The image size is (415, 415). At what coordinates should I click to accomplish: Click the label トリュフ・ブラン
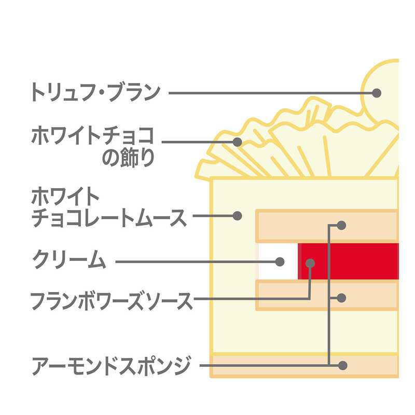click(96, 92)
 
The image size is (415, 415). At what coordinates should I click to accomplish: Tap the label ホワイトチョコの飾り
click(93, 146)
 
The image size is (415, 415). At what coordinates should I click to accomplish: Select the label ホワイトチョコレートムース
click(109, 207)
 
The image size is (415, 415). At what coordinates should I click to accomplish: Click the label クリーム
click(69, 259)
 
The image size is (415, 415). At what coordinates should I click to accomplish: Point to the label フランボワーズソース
click(112, 301)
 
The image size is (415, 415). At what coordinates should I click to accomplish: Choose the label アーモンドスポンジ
click(111, 366)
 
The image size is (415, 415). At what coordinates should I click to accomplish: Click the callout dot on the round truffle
click(377, 93)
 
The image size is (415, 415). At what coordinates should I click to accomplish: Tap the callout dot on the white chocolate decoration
click(238, 142)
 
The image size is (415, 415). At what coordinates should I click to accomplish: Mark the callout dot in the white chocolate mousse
click(238, 216)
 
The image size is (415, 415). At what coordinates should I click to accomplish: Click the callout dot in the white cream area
click(280, 262)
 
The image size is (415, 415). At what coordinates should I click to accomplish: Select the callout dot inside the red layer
click(310, 264)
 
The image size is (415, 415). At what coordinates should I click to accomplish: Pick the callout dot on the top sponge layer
click(341, 226)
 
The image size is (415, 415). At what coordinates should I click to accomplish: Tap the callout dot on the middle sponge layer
click(341, 298)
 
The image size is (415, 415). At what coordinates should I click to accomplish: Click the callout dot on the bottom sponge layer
click(343, 366)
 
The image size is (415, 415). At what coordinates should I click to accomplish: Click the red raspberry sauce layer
click(348, 261)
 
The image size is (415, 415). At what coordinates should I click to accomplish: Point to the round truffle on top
click(380, 90)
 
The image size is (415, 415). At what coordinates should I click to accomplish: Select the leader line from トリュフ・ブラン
click(273, 93)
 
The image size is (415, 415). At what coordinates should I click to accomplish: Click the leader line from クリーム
click(198, 262)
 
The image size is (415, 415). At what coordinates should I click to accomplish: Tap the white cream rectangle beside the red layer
click(278, 261)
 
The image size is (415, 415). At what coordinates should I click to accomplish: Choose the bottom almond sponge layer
click(305, 366)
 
